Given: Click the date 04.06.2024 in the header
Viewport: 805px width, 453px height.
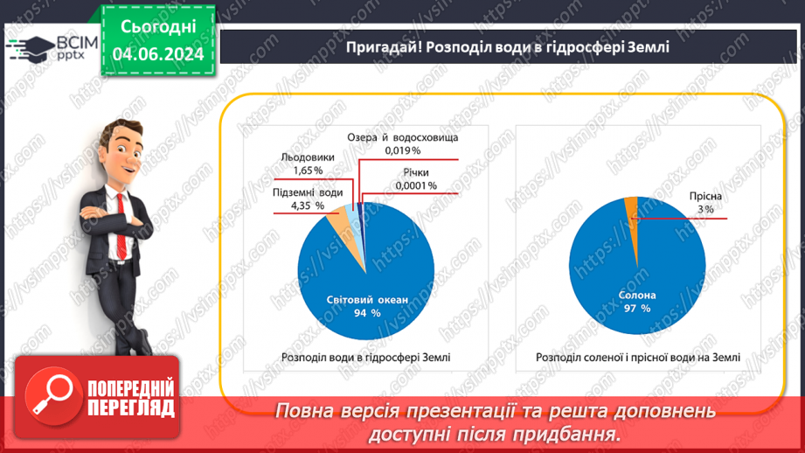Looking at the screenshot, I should coord(158,53).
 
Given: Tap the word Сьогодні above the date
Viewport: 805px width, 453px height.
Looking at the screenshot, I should coord(158,27).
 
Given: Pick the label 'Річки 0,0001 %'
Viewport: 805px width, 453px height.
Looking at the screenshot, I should coord(415,179).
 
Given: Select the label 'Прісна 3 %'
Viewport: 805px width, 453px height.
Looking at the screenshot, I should coord(704,204).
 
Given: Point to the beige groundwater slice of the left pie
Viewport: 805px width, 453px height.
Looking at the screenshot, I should coord(337,228).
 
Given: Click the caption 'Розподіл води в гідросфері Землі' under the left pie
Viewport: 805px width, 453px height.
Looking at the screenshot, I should coord(366,357).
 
